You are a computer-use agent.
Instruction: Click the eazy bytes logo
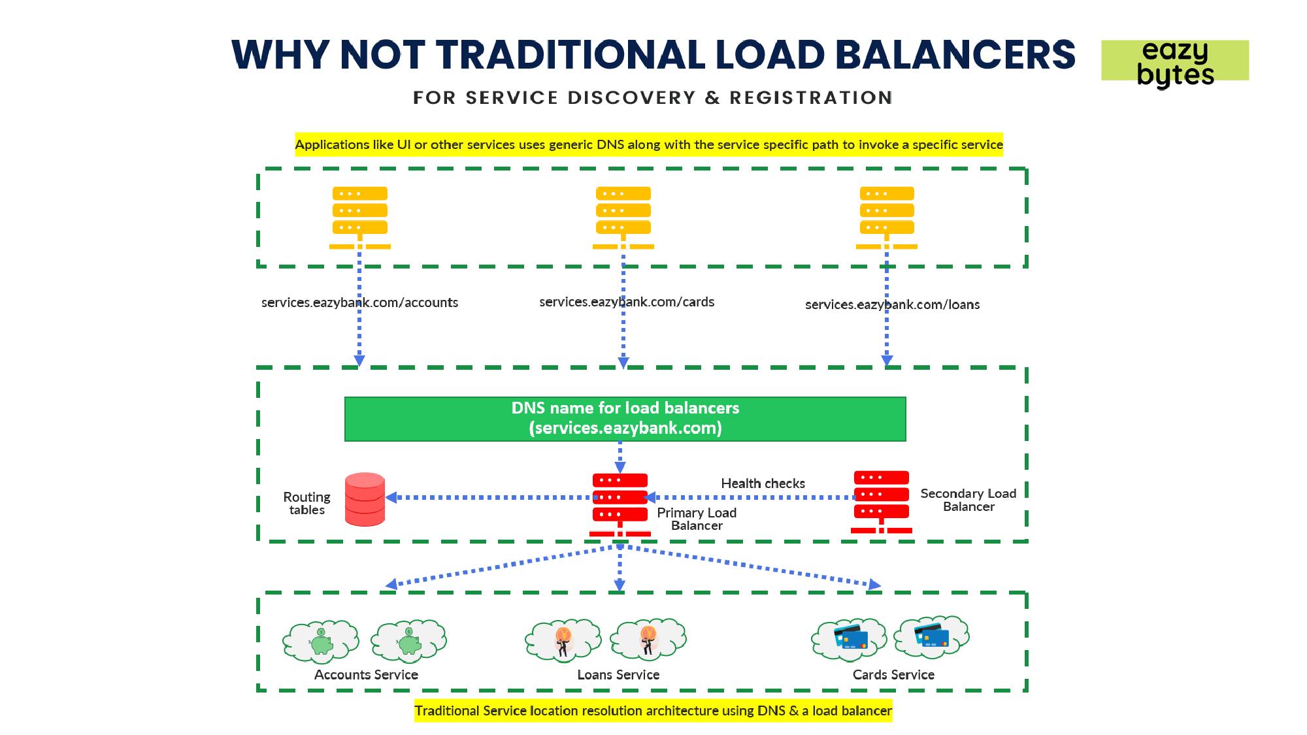tap(1174, 61)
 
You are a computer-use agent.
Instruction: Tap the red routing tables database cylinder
tap(365, 500)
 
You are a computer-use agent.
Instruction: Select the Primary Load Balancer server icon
tap(620, 504)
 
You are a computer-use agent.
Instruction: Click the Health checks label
tap(763, 483)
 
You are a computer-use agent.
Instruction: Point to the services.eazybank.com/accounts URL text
tap(359, 302)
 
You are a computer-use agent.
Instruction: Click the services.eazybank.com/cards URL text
tap(627, 302)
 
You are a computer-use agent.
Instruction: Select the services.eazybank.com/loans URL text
tap(892, 304)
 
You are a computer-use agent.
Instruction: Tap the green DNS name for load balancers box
tap(625, 419)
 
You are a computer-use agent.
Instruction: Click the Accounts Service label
tap(366, 675)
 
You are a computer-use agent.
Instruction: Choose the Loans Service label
tap(618, 675)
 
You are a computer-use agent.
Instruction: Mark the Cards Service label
tap(893, 675)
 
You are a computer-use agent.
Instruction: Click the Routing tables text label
tap(306, 504)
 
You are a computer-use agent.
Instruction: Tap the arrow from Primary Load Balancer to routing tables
tap(490, 498)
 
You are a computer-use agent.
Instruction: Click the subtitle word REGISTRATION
tap(810, 98)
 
